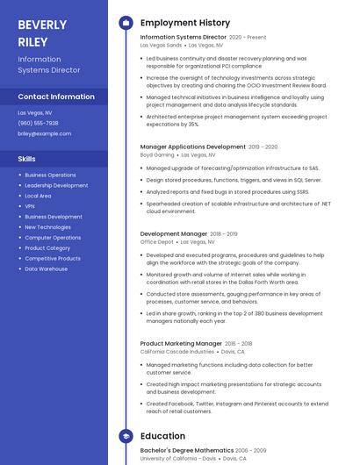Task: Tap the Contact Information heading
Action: coord(56,97)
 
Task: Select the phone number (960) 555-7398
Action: coord(38,123)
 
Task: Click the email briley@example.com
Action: coord(44,133)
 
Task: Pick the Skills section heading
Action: coord(26,159)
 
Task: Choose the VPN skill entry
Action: coord(30,206)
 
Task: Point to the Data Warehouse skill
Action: coord(46,269)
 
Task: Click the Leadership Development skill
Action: coord(56,185)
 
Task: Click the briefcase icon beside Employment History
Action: coord(126,23)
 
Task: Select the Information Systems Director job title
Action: coord(183,38)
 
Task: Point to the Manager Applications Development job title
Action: coord(193,147)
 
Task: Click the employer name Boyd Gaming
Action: coord(158,154)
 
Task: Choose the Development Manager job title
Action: coord(174,234)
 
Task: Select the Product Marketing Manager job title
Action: coord(181,343)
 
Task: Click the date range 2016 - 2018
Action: coord(238,344)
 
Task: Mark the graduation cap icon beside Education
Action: coord(126,436)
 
